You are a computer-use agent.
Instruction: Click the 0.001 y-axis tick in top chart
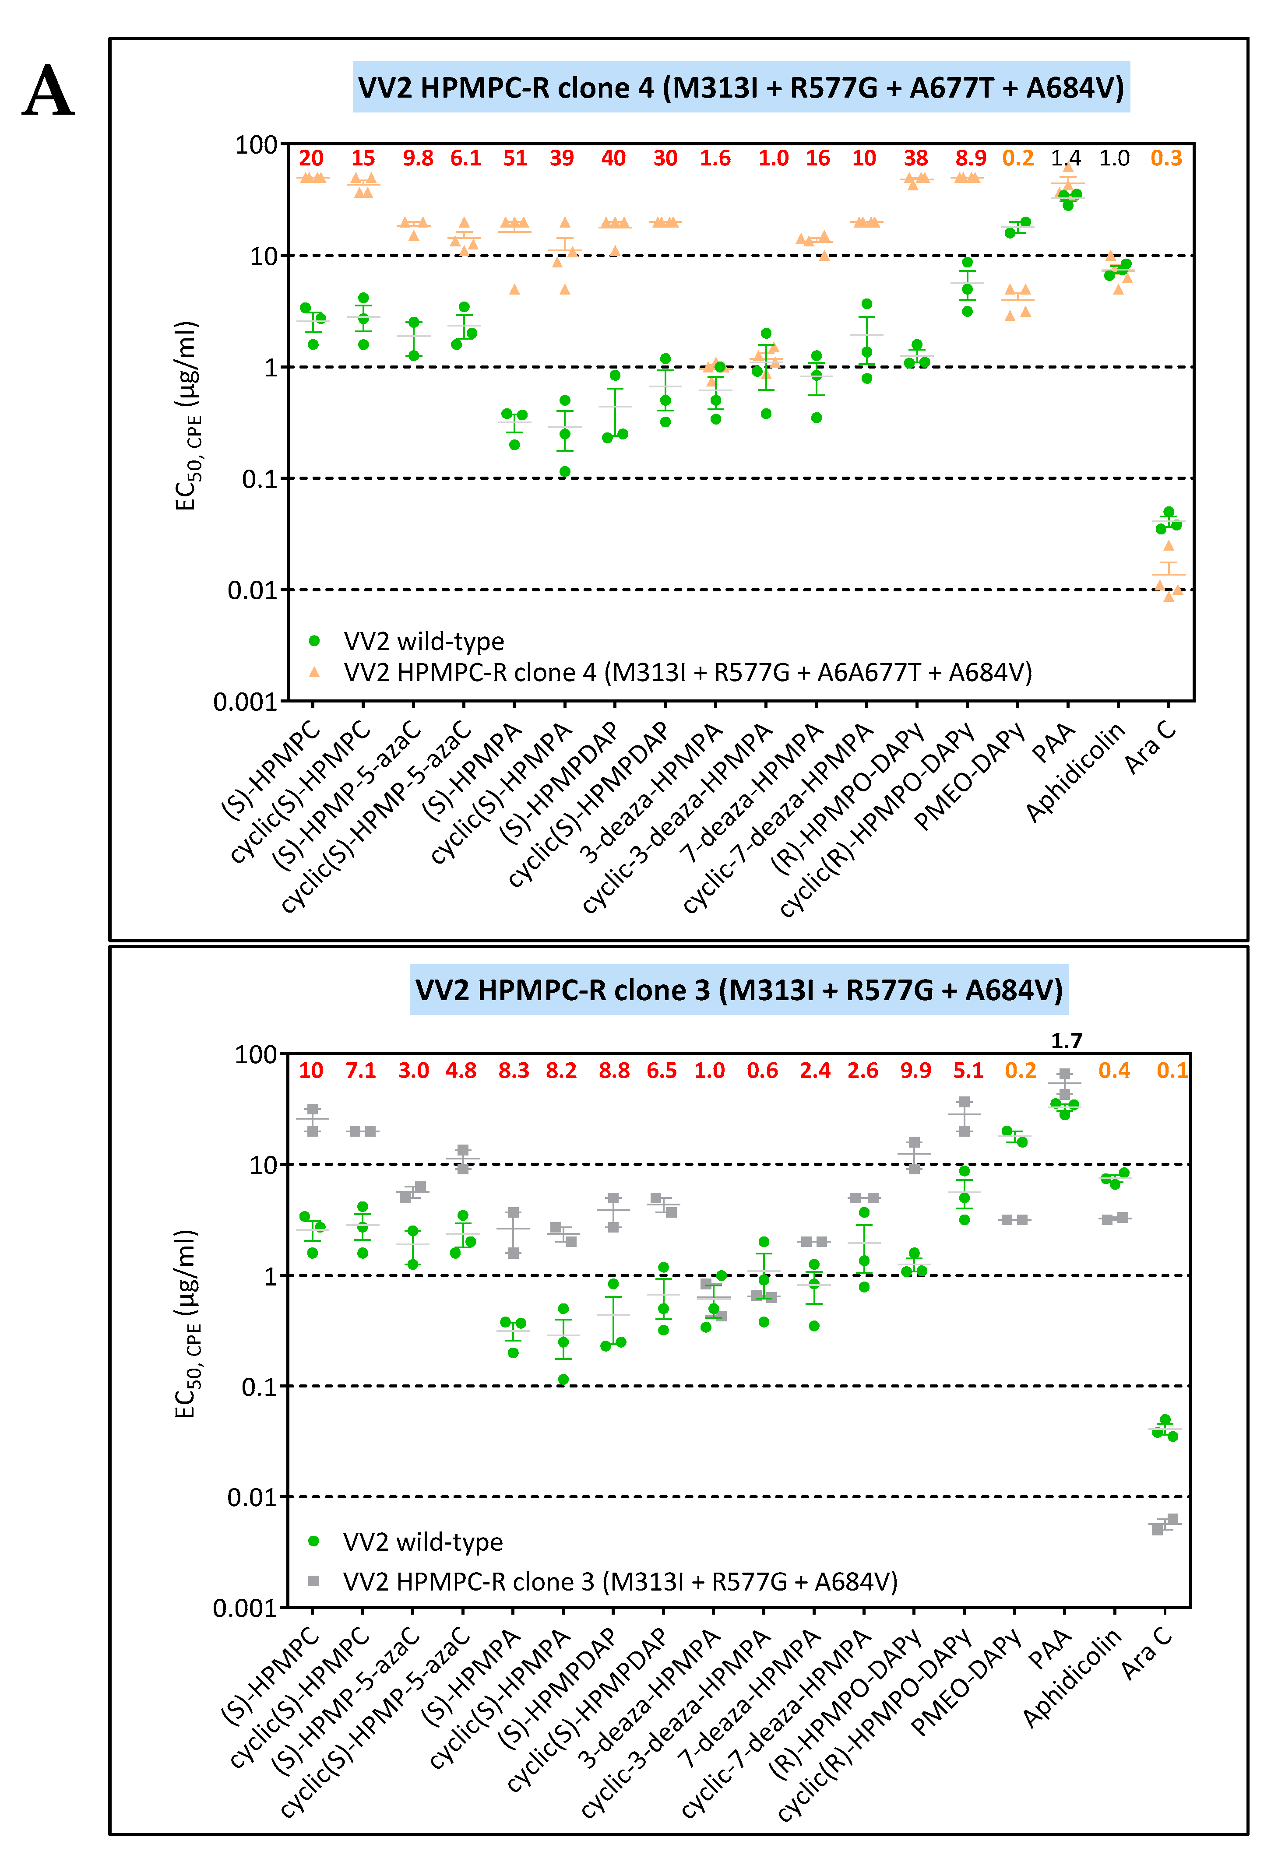[244, 702]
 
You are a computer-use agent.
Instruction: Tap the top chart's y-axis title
[186, 416]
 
